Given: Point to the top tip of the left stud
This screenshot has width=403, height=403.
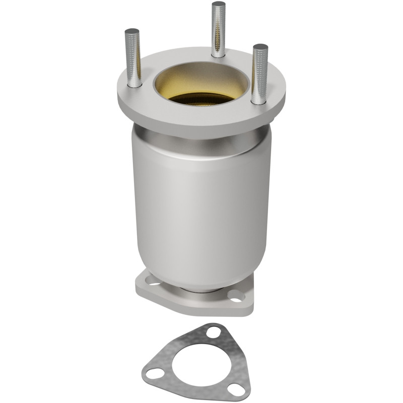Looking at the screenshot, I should click(x=132, y=31).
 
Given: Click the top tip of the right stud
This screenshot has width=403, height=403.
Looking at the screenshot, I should click(x=260, y=47).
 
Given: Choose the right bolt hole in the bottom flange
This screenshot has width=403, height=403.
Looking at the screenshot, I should click(x=236, y=298).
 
